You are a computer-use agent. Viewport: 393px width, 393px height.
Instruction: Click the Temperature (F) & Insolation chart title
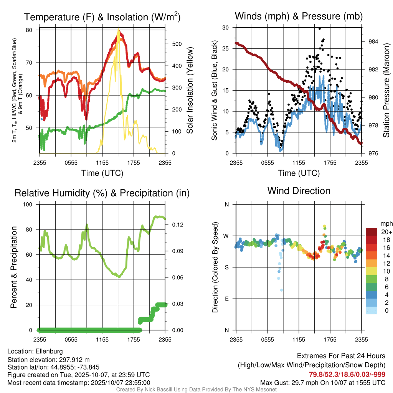[102, 17]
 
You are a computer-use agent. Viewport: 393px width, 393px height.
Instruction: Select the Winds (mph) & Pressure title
[299, 16]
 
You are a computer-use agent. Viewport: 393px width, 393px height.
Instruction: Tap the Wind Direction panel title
[299, 191]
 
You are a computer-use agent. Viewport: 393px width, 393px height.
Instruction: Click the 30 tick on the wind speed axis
[226, 28]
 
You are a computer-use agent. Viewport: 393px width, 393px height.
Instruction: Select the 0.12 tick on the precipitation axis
[177, 225]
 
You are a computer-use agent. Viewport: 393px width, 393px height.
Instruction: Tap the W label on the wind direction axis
[226, 236]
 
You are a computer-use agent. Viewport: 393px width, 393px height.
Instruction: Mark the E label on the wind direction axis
[227, 299]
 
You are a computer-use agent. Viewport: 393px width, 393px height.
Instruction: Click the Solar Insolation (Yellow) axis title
[190, 91]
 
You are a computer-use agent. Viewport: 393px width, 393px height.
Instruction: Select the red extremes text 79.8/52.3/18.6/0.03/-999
[347, 374]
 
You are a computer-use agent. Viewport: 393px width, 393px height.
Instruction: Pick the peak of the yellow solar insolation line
[118, 30]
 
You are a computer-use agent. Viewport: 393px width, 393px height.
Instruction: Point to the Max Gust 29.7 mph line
[323, 382]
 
